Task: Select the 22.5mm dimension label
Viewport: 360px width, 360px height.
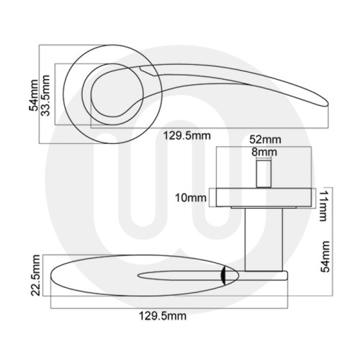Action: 28,277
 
